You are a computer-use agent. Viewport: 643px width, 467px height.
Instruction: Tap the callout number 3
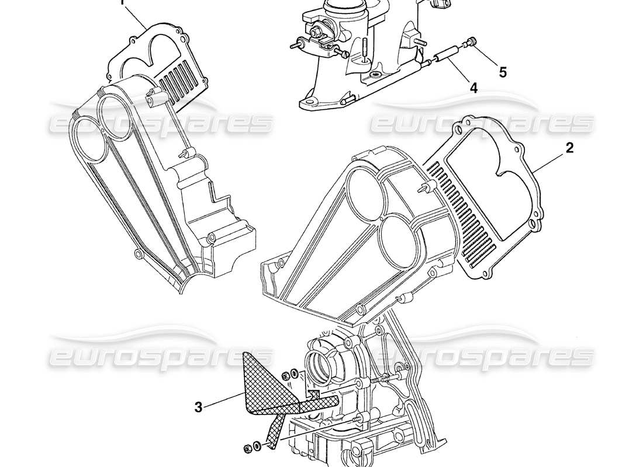click(199, 407)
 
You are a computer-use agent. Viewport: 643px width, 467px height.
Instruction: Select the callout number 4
click(473, 88)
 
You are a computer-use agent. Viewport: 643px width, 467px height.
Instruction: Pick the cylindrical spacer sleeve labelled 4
click(447, 54)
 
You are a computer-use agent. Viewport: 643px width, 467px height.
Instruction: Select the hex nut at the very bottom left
click(248, 449)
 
